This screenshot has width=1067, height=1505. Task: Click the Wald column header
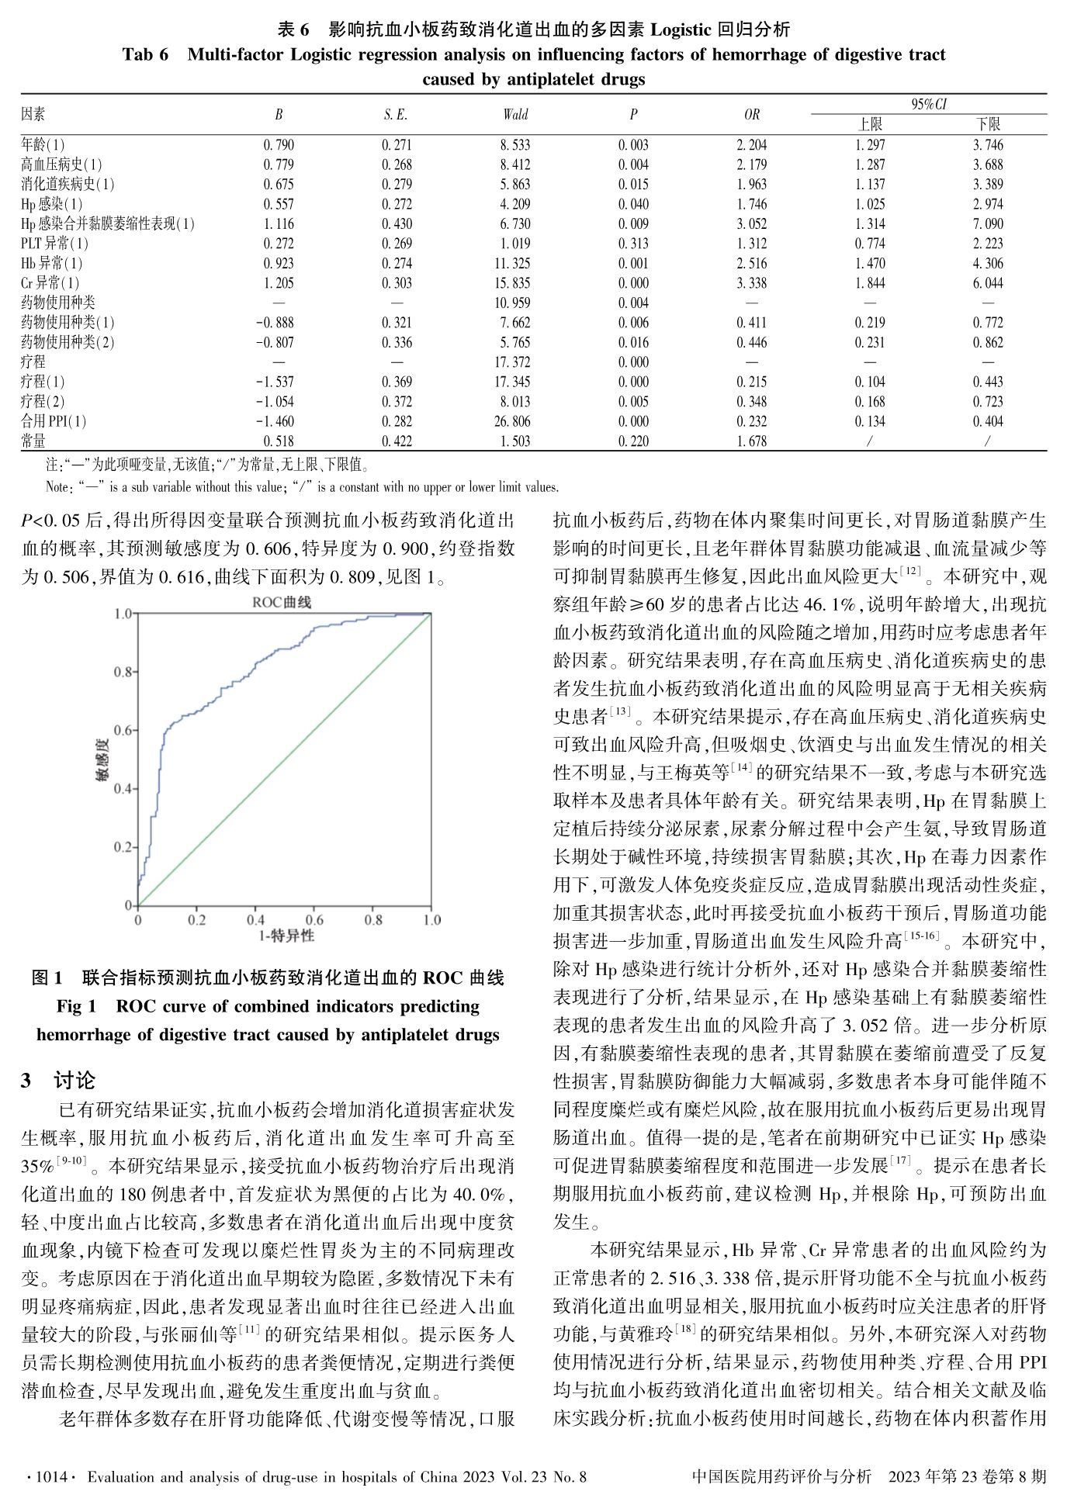(515, 115)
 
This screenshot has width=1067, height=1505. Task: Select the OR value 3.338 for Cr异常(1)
(751, 283)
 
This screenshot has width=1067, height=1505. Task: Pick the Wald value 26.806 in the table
(514, 421)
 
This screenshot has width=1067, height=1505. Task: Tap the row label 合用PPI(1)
(54, 421)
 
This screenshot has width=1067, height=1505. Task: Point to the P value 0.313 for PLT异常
(633, 244)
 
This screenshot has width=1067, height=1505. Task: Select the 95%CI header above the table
(929, 104)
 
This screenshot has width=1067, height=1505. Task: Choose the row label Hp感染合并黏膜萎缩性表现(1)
(108, 224)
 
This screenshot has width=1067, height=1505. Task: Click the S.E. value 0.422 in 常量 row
(397, 441)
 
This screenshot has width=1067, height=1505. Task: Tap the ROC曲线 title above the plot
(282, 602)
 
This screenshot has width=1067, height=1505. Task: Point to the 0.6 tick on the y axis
(123, 730)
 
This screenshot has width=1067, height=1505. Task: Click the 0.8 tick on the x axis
(373, 920)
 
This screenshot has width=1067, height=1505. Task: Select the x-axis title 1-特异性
(286, 936)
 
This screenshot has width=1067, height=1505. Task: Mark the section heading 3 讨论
(58, 1080)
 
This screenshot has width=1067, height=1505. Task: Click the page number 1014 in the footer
(53, 1477)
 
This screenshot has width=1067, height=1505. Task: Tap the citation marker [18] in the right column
(685, 1329)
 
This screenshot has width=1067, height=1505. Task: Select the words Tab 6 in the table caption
(145, 54)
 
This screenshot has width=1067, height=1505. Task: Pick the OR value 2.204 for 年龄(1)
(751, 145)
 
